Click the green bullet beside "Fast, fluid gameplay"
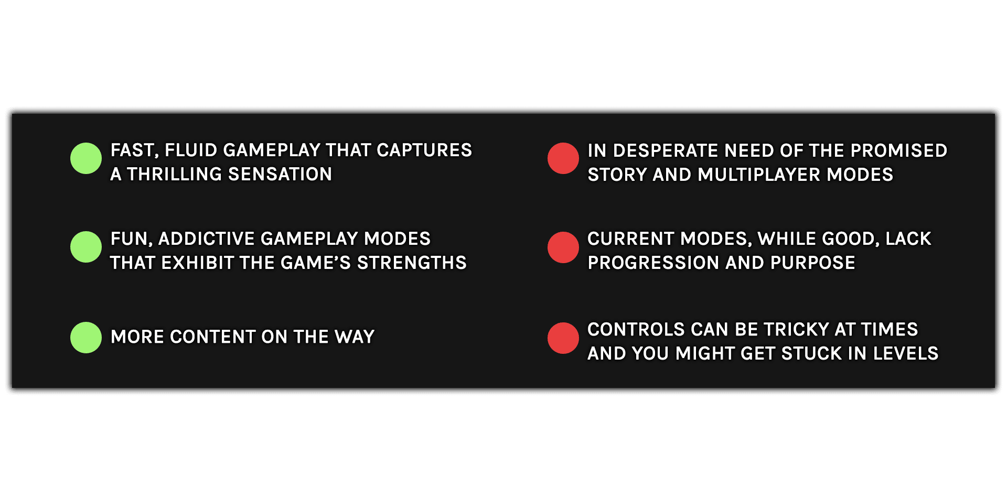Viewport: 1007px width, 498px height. pyautogui.click(x=86, y=158)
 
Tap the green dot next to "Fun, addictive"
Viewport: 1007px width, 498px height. pyautogui.click(x=86, y=247)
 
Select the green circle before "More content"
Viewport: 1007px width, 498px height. pyautogui.click(x=86, y=338)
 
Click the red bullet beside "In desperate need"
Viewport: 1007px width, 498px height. pyautogui.click(x=563, y=158)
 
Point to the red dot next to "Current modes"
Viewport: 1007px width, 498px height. pyautogui.click(x=563, y=247)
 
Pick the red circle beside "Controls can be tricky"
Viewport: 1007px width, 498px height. pyautogui.click(x=563, y=338)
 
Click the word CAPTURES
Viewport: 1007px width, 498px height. pyautogui.click(x=424, y=150)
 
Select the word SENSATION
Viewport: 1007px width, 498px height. pyautogui.click(x=281, y=174)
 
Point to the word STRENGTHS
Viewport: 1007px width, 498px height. pyautogui.click(x=412, y=263)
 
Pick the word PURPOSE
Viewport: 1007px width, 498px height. pyautogui.click(x=813, y=263)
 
